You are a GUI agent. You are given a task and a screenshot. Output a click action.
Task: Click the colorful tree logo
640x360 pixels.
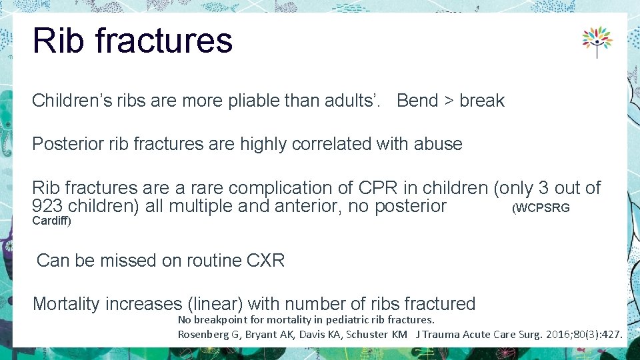tap(597, 42)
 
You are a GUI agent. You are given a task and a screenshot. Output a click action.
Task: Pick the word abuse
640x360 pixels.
tap(438, 144)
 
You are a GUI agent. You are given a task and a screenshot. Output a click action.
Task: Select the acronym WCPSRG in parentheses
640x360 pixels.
tap(542, 208)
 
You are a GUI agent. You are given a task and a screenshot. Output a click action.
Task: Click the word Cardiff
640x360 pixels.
tap(51, 221)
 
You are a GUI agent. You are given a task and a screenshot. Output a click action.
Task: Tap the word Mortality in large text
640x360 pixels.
tap(71, 304)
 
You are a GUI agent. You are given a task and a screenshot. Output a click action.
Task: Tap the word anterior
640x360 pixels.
tap(300, 206)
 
